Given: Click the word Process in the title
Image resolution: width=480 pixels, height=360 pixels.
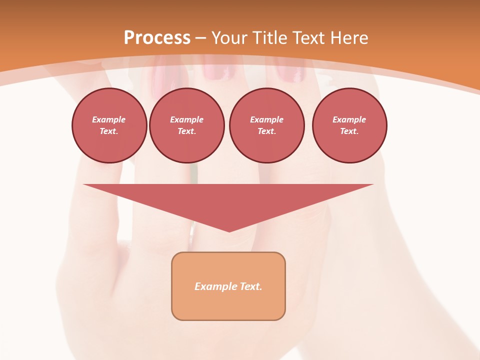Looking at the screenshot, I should [x=157, y=38].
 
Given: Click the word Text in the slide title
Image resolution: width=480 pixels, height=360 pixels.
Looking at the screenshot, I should [x=310, y=38].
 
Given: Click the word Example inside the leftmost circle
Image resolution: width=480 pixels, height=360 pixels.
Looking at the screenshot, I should [x=109, y=119].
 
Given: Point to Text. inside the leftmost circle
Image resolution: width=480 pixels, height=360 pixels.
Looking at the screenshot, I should [x=109, y=131].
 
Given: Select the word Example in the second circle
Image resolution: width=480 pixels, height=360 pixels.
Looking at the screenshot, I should [x=187, y=119].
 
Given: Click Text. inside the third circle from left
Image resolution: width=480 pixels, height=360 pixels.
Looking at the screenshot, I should [x=267, y=131].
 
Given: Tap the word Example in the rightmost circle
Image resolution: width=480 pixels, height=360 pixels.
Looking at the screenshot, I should [x=349, y=119].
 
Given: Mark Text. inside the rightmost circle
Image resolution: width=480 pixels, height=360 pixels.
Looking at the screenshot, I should [x=349, y=131].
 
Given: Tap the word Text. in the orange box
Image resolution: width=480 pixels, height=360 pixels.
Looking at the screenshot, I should [x=250, y=286].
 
